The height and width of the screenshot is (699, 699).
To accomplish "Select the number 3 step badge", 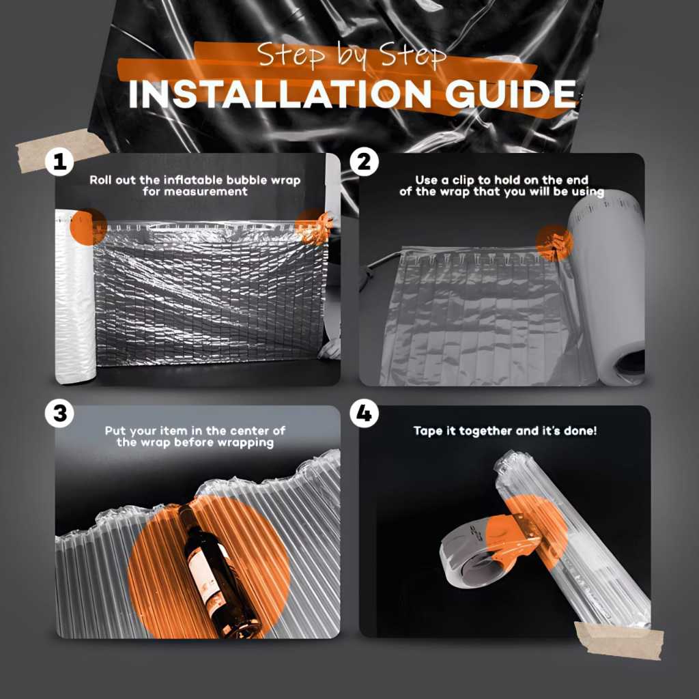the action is [x=60, y=413].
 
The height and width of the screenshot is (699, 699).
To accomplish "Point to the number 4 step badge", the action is [x=365, y=413].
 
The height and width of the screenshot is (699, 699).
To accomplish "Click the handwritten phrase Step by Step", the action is [x=352, y=55].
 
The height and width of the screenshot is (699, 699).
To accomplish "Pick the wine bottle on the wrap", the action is [x=217, y=572].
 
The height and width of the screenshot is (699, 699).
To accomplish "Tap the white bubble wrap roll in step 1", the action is [x=75, y=296].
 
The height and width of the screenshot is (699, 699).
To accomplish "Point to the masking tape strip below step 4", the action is [x=618, y=640].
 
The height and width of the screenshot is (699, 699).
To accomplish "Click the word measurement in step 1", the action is [x=195, y=192].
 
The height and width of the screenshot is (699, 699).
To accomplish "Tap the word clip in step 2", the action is [x=463, y=180].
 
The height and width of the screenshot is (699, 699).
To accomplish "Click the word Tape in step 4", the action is [x=429, y=431].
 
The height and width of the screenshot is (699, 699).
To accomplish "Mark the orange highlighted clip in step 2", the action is [x=555, y=244].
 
